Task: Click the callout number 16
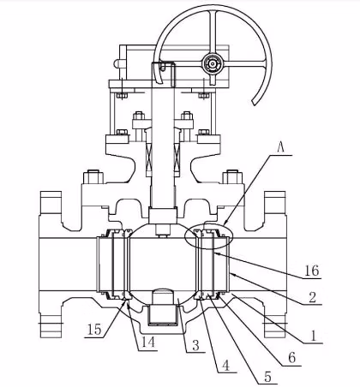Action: (x=311, y=271)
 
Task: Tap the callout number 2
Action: (x=313, y=298)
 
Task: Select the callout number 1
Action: (x=314, y=336)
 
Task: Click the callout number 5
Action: (x=267, y=377)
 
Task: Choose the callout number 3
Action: (x=195, y=346)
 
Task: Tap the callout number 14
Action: (x=149, y=342)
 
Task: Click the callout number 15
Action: (x=94, y=330)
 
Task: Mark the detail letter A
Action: (x=281, y=148)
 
